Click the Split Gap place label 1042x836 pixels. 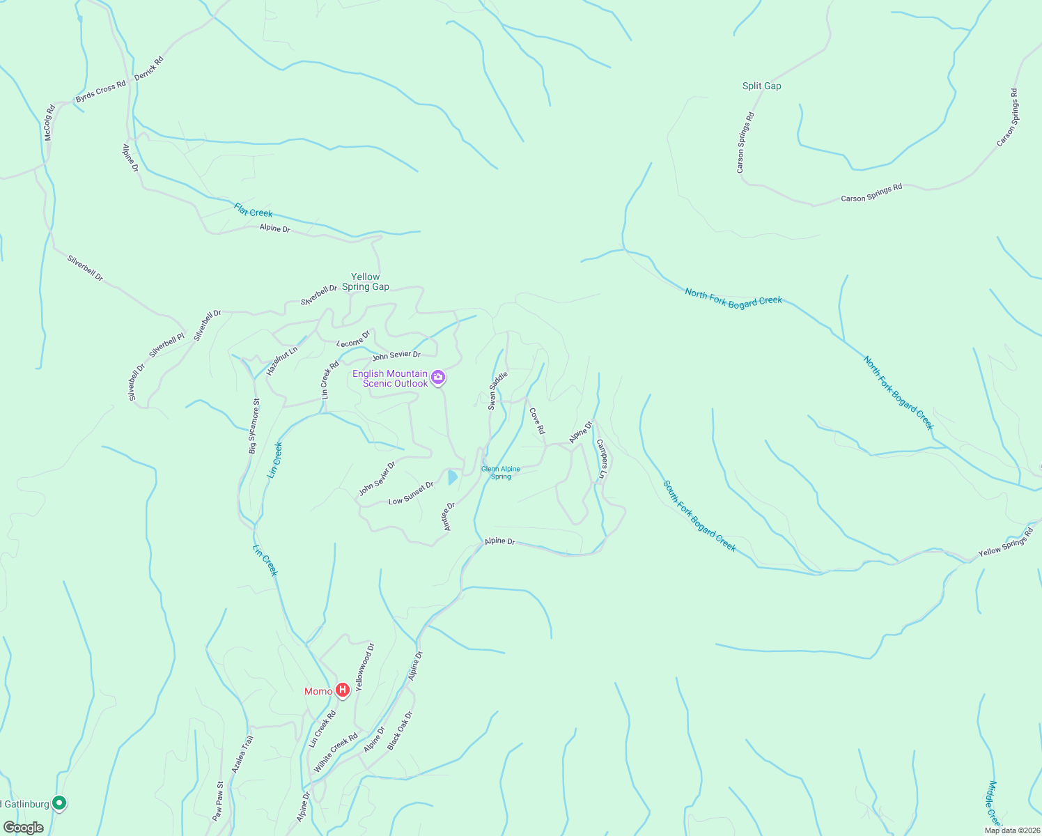coord(761,86)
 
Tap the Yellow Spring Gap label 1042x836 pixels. coord(366,281)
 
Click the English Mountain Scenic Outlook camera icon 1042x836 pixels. coord(438,378)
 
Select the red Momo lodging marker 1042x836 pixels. coord(343,690)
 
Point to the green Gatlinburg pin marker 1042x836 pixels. coord(60,803)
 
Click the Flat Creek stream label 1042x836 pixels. coord(254,210)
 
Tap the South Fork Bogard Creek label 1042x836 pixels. coord(699,516)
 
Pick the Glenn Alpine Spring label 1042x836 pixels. coord(501,472)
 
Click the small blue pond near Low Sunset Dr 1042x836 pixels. coord(452,477)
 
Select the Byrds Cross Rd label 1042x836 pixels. coord(101,91)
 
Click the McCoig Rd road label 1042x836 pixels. coord(49,123)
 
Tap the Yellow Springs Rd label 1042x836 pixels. coord(1005,542)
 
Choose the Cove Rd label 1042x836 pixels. coord(537,421)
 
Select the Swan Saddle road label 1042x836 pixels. coord(497,390)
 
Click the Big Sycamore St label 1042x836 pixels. coord(254,426)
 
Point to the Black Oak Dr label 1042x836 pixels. coord(401,730)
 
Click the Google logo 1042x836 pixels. coord(23,827)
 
